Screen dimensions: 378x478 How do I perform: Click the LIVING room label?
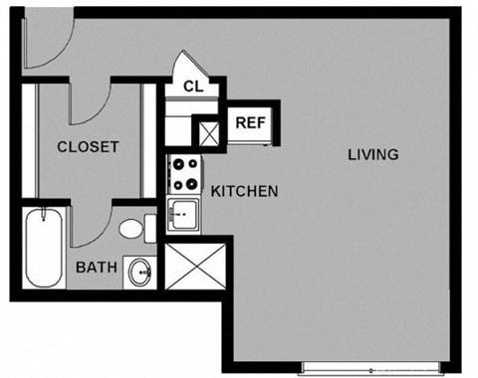pyautogui.click(x=373, y=154)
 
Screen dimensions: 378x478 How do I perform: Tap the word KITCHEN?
pyautogui.click(x=244, y=190)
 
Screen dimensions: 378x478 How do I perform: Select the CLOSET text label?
pyautogui.click(x=88, y=146)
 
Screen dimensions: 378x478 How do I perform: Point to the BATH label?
pyautogui.click(x=98, y=267)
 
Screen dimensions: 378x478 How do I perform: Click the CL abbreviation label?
pyautogui.click(x=193, y=87)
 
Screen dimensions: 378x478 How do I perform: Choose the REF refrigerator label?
pyautogui.click(x=248, y=123)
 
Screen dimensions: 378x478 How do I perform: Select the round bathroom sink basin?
pyautogui.click(x=140, y=270)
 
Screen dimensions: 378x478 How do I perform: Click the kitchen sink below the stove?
pyautogui.click(x=182, y=213)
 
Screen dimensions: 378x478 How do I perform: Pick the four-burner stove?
pyautogui.click(x=183, y=175)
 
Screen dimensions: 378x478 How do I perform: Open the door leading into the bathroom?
pyautogui.click(x=93, y=227)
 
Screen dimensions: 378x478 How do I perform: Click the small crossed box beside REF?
pyautogui.click(x=210, y=132)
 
